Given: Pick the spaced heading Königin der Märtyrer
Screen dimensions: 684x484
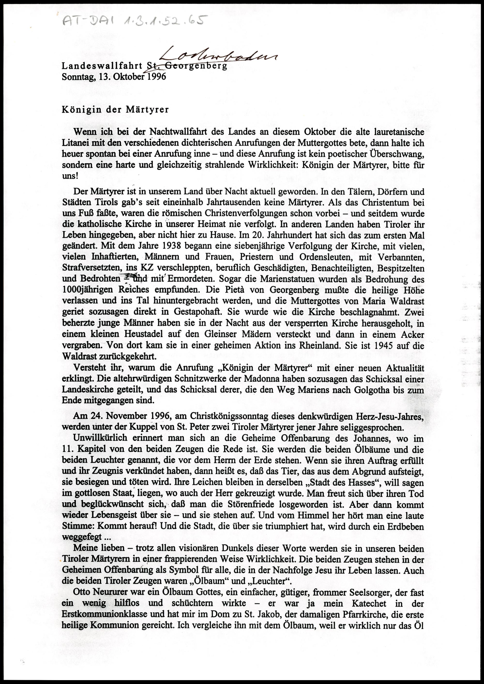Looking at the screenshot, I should point(115,109).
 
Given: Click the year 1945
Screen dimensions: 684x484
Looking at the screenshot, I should point(381,346).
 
